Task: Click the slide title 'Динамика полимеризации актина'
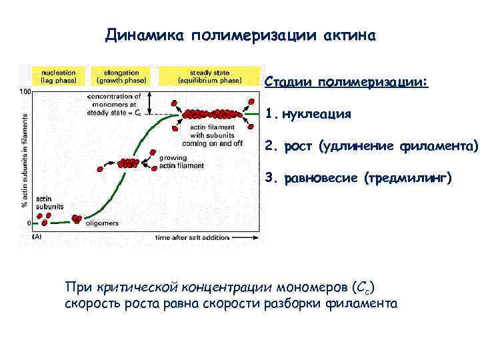click(241, 35)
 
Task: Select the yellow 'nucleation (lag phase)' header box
click(58, 76)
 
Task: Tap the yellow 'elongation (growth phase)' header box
click(121, 76)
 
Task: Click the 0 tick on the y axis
click(29, 223)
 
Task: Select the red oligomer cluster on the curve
click(77, 218)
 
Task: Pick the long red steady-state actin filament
click(215, 114)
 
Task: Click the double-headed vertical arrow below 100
click(151, 103)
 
